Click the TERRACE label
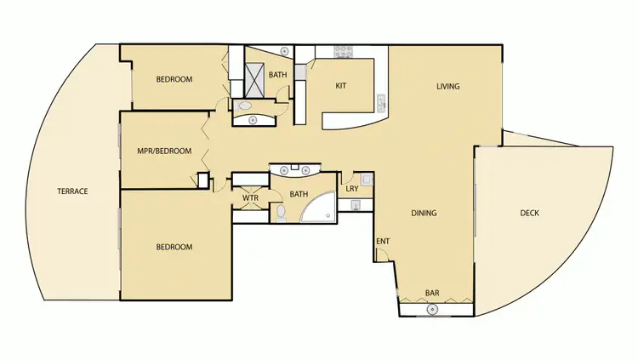pyautogui.click(x=72, y=191)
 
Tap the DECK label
pyautogui.click(x=529, y=214)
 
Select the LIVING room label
pyautogui.click(x=447, y=86)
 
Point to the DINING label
pyautogui.click(x=424, y=214)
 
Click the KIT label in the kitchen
pyautogui.click(x=340, y=85)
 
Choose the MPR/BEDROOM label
pyautogui.click(x=163, y=151)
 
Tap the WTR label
pyautogui.click(x=250, y=198)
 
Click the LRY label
pyautogui.click(x=350, y=189)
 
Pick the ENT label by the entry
pyautogui.click(x=383, y=241)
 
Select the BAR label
pyautogui.click(x=432, y=294)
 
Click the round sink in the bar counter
pyautogui.click(x=432, y=309)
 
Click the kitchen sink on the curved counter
pyautogui.click(x=382, y=104)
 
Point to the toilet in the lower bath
pyautogui.click(x=281, y=210)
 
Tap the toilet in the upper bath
pyautogui.click(x=244, y=106)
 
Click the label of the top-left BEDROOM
pyautogui.click(x=174, y=80)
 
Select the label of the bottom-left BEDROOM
pyautogui.click(x=174, y=247)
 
